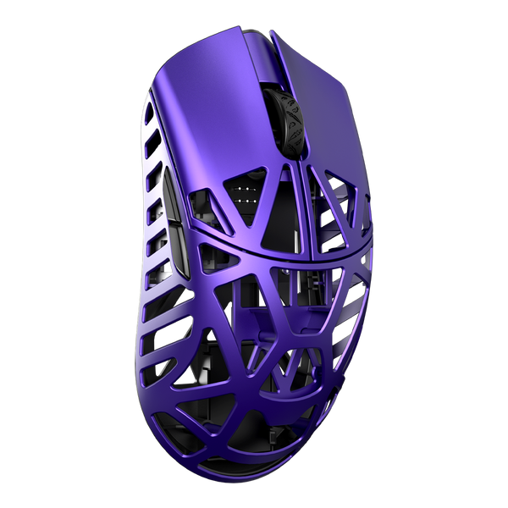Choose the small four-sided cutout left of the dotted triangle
tap(208, 204)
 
